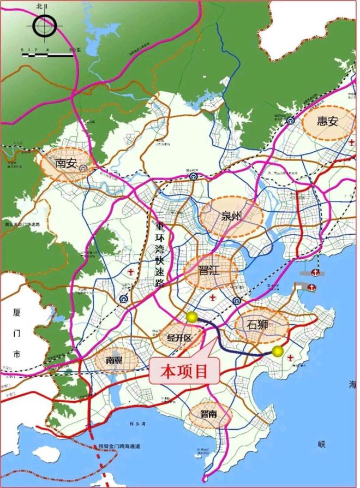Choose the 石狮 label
[259, 324]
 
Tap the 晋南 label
[208, 415]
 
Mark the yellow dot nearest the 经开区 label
[191, 317]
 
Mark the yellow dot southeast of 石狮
[278, 350]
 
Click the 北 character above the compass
[39, 6]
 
